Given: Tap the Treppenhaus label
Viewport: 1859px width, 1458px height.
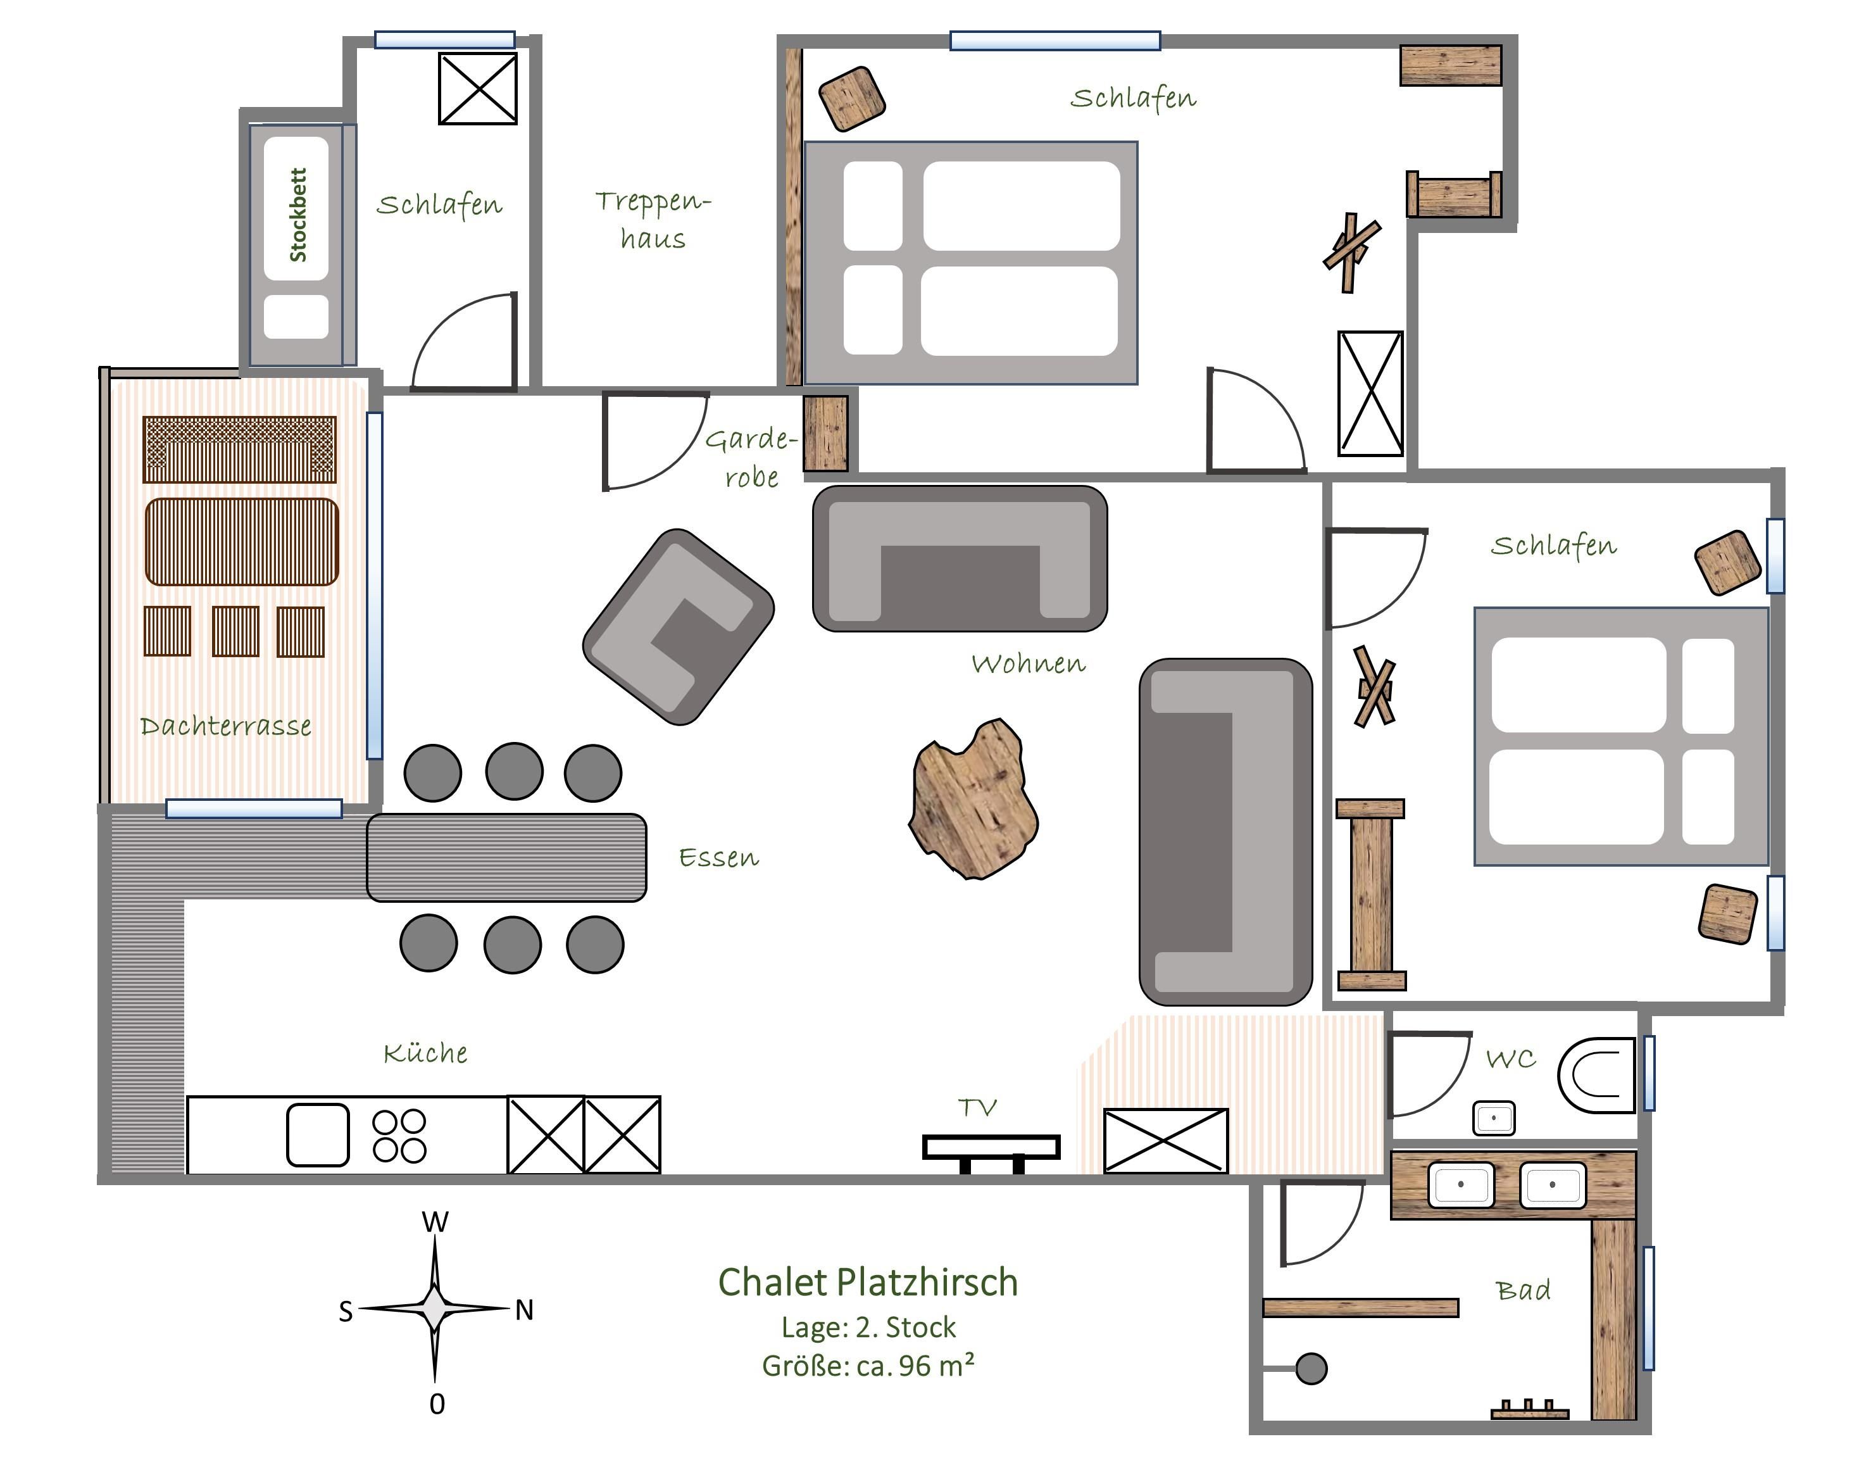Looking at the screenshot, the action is (x=653, y=220).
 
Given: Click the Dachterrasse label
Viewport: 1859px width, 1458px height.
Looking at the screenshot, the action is (x=225, y=726).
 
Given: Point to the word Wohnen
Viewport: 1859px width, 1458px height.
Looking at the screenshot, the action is (x=1029, y=663).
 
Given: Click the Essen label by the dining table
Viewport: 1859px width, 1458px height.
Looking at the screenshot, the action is (x=718, y=857).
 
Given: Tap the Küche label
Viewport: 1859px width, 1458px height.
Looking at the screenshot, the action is (x=425, y=1053).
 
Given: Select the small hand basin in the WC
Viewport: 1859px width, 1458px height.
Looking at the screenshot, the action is (x=1494, y=1118).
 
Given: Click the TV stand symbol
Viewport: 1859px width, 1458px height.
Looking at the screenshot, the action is (x=992, y=1152).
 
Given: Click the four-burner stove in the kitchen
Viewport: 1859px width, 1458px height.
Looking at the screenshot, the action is (x=399, y=1136).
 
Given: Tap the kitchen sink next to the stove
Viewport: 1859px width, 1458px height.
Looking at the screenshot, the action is (x=318, y=1135).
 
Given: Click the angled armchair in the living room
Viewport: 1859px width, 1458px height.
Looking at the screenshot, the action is (x=679, y=627).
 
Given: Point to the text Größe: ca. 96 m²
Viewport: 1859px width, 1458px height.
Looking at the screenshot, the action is (x=868, y=1366).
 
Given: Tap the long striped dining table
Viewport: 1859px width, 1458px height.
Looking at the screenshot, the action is (x=506, y=857).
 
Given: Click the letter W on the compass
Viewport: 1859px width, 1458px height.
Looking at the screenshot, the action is (x=435, y=1222).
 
